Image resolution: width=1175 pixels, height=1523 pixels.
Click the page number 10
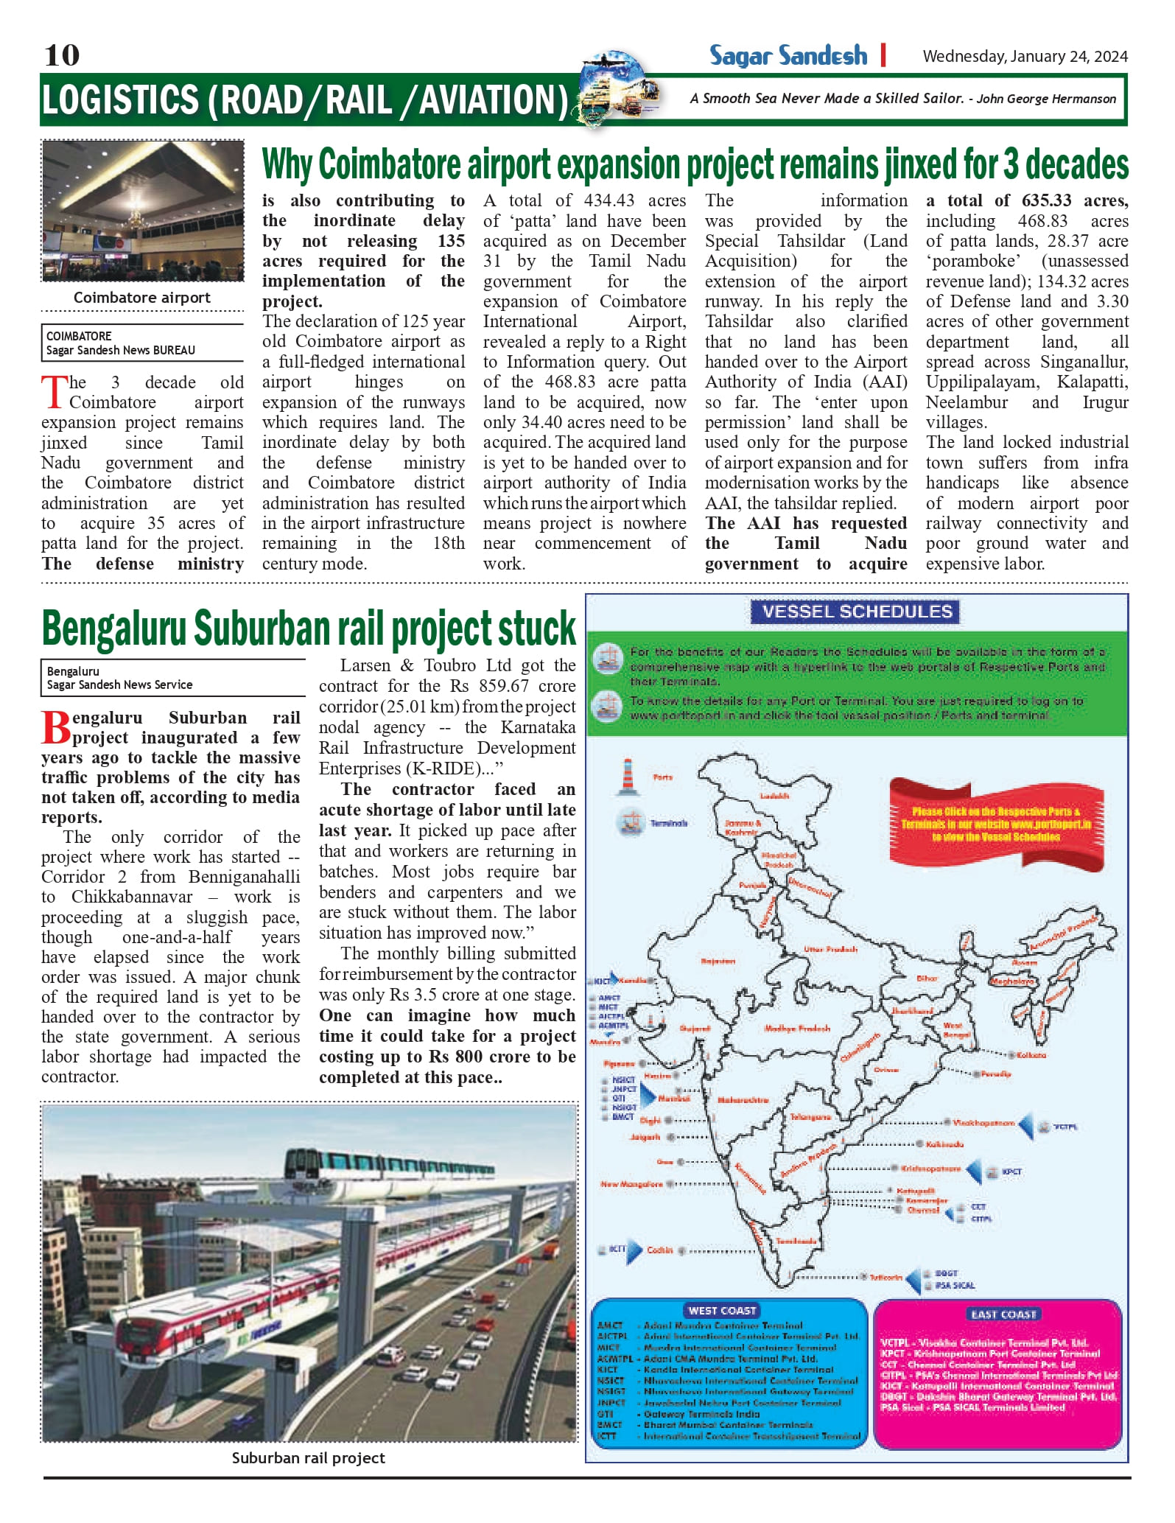point(62,55)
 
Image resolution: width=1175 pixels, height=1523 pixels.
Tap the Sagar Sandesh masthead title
point(788,56)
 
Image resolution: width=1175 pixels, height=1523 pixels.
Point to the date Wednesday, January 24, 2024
point(1025,57)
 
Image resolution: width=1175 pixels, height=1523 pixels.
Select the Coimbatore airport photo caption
point(142,298)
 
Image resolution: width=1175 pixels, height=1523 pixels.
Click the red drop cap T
point(54,391)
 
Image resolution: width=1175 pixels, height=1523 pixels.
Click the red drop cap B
point(56,727)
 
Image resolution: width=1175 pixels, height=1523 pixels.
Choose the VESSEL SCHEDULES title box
point(857,612)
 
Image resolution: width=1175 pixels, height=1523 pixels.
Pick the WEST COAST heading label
point(722,1311)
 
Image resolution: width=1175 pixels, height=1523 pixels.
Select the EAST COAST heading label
point(1003,1314)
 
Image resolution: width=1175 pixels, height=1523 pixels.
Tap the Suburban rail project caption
point(308,1457)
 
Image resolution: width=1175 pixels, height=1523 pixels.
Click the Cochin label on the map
point(660,1250)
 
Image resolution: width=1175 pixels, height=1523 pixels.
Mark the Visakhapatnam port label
point(983,1123)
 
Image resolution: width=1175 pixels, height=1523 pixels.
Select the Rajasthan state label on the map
point(718,961)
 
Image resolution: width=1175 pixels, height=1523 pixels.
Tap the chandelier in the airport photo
point(135,217)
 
